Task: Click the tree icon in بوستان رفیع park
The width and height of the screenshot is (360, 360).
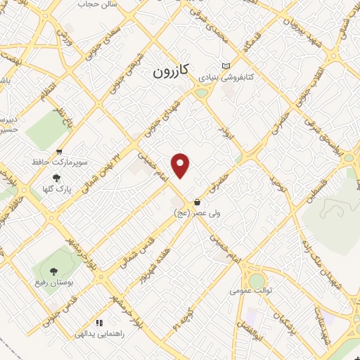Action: (x=52, y=271)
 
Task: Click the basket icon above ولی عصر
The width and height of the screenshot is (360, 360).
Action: (x=197, y=202)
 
